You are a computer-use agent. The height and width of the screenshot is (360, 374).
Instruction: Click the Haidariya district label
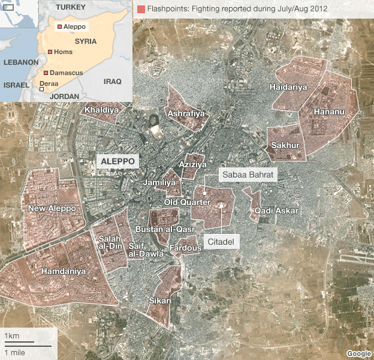click(x=288, y=88)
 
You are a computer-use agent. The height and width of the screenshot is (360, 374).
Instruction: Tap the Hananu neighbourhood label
click(x=328, y=112)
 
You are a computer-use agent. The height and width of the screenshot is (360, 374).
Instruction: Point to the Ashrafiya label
click(x=186, y=113)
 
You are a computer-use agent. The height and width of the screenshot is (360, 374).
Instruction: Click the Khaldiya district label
click(x=101, y=110)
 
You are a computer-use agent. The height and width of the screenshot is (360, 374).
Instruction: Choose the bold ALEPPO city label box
click(x=118, y=161)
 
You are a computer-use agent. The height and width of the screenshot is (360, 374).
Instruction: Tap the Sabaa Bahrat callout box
click(x=248, y=175)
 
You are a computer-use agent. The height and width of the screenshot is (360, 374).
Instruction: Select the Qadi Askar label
click(x=276, y=211)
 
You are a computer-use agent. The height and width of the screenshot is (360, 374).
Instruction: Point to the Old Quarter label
click(x=188, y=202)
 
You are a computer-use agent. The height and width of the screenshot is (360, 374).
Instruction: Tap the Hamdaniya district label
click(x=63, y=272)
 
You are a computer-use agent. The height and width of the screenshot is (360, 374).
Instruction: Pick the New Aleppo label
click(x=52, y=208)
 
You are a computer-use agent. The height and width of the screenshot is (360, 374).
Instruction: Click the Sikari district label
click(x=160, y=301)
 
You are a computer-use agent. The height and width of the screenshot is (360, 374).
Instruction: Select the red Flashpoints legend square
click(x=141, y=9)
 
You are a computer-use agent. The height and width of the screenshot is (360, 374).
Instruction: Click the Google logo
click(x=358, y=353)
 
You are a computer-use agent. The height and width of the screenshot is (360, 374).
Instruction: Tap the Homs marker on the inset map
click(x=50, y=52)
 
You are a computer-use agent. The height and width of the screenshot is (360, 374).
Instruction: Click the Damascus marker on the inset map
click(x=46, y=73)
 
